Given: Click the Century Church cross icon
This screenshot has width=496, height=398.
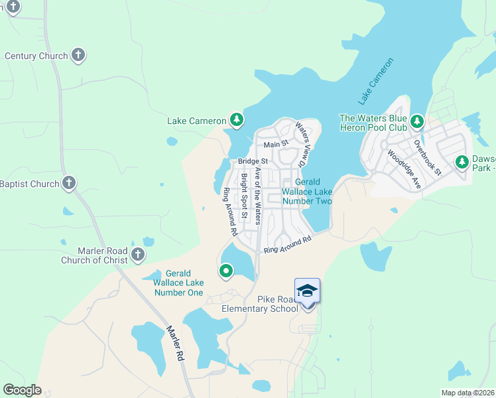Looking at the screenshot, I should (78, 56).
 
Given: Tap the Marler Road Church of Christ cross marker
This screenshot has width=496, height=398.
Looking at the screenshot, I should (138, 254).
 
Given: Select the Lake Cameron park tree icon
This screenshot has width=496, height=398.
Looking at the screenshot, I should (236, 120).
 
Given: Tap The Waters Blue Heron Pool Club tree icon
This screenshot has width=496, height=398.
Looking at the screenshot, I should (416, 122).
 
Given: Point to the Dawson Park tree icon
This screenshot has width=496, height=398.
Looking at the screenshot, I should (462, 162).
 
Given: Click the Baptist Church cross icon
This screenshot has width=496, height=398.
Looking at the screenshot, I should (69, 183).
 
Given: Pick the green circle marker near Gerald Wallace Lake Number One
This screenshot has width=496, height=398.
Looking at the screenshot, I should (226, 271).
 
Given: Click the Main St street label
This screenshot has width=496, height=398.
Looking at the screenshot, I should (276, 144).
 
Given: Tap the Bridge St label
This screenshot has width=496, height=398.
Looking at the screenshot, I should (253, 161).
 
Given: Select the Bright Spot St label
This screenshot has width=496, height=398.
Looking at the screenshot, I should (244, 196).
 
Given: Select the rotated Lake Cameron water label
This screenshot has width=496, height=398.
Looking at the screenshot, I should (376, 82).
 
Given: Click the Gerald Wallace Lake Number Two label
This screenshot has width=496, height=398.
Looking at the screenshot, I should (307, 191).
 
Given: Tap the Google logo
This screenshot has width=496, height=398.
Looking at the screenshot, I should (22, 390).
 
